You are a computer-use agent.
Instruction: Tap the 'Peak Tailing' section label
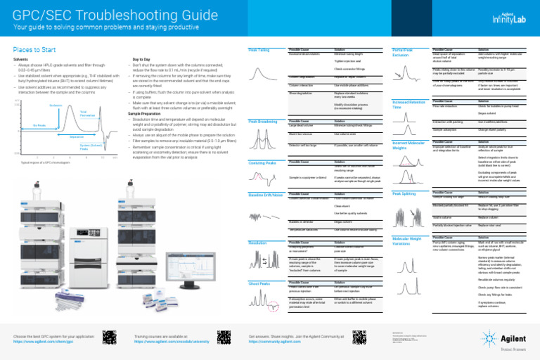(259, 51)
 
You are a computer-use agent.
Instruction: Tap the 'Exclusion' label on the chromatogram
(57, 105)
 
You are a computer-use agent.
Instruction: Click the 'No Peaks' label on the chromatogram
(40, 125)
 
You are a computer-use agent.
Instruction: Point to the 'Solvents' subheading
(22, 60)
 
